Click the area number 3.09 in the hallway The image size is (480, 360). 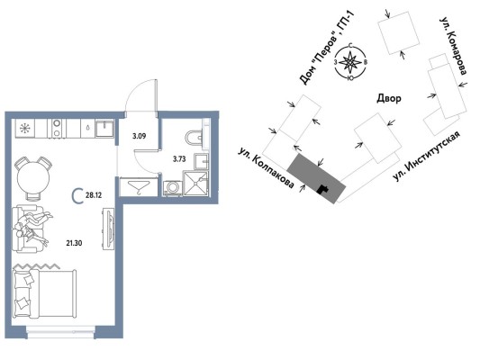(139, 136)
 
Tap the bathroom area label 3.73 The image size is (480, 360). (179, 158)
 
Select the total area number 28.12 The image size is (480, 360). (94, 194)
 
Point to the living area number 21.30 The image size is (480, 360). (74, 243)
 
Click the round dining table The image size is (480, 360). (33, 178)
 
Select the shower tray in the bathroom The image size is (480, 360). (195, 183)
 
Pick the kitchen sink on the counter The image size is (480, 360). (104, 129)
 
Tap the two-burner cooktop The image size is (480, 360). (57, 128)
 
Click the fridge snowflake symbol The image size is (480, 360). (23, 128)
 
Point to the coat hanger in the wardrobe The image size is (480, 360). (139, 186)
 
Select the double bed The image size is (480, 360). (45, 294)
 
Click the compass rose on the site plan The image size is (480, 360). (350, 62)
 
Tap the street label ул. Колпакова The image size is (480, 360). (267, 168)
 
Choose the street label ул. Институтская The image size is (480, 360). (427, 156)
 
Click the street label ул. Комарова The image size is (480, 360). (453, 45)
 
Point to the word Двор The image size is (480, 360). (388, 98)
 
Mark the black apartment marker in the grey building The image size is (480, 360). (322, 190)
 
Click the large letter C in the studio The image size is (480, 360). (77, 196)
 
